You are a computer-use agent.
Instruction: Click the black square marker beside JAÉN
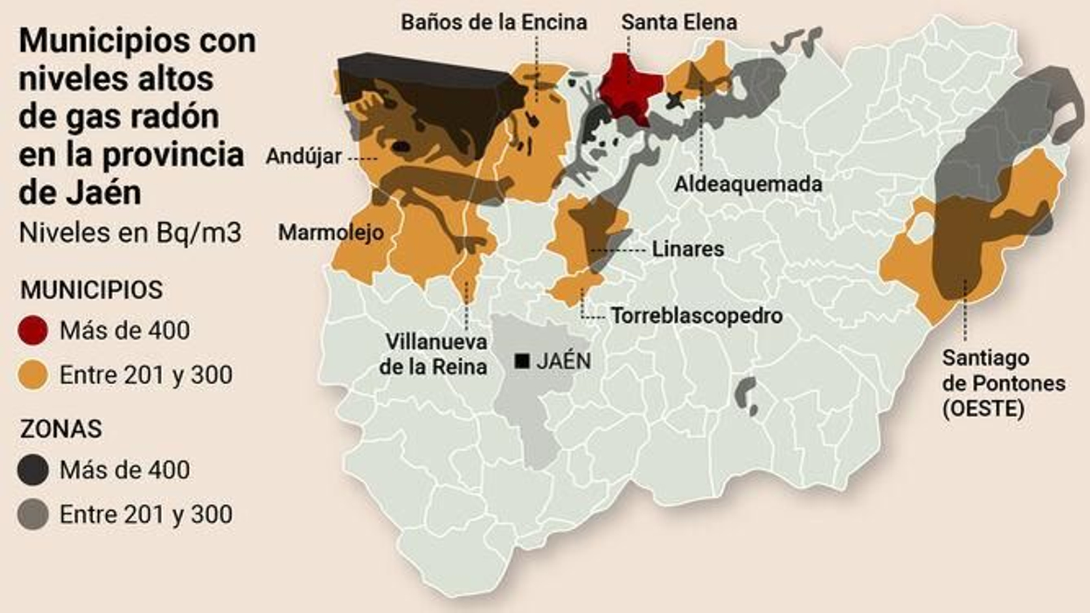(523, 361)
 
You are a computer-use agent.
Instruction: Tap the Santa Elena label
(679, 22)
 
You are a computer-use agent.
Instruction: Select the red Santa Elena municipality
(629, 85)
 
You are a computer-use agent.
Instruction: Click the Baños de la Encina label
(493, 22)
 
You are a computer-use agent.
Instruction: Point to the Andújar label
(304, 157)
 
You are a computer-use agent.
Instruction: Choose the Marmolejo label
(330, 233)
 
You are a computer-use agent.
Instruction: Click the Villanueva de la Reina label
(433, 354)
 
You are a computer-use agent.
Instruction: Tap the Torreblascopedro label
(696, 316)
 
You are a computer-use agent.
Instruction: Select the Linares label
(687, 249)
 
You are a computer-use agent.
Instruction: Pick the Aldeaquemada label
(748, 184)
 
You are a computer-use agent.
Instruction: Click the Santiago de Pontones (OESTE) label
(1003, 383)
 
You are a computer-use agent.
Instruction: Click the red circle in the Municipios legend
(33, 331)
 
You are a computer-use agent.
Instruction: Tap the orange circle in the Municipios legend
(33, 375)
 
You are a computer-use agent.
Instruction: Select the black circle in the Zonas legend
(33, 470)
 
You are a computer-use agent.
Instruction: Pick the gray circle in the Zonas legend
(33, 515)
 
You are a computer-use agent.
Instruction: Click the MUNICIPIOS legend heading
(91, 290)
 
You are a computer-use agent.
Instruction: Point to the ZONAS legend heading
(61, 429)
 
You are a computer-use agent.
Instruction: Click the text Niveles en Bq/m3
(130, 233)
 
